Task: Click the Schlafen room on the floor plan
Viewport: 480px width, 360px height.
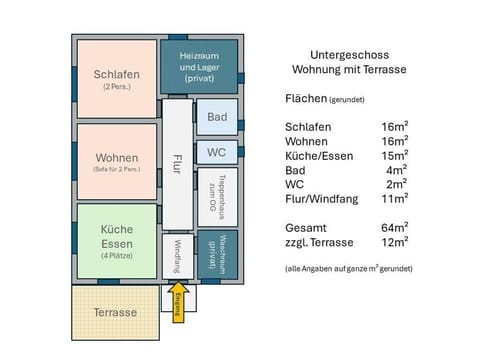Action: coord(116,79)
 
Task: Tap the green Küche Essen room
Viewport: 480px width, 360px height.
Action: coord(116,241)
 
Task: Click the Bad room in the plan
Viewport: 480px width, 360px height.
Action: coord(217,117)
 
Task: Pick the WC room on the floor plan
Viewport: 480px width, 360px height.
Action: coord(217,152)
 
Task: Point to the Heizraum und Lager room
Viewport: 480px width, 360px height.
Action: coord(199,65)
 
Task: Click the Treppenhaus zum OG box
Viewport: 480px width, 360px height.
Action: coord(216,197)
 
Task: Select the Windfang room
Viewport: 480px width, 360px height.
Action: coord(177,257)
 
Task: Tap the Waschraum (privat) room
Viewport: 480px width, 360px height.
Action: coord(217,255)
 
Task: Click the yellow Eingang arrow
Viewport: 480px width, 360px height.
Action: coord(178,301)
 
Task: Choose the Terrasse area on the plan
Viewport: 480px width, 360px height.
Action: coord(116,313)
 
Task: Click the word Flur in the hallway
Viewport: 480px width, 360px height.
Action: coord(177,165)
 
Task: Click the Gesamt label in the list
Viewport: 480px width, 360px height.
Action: coord(306,227)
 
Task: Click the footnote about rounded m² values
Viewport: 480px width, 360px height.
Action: coord(348,269)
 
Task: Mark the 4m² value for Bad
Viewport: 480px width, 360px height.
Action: coord(394,170)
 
